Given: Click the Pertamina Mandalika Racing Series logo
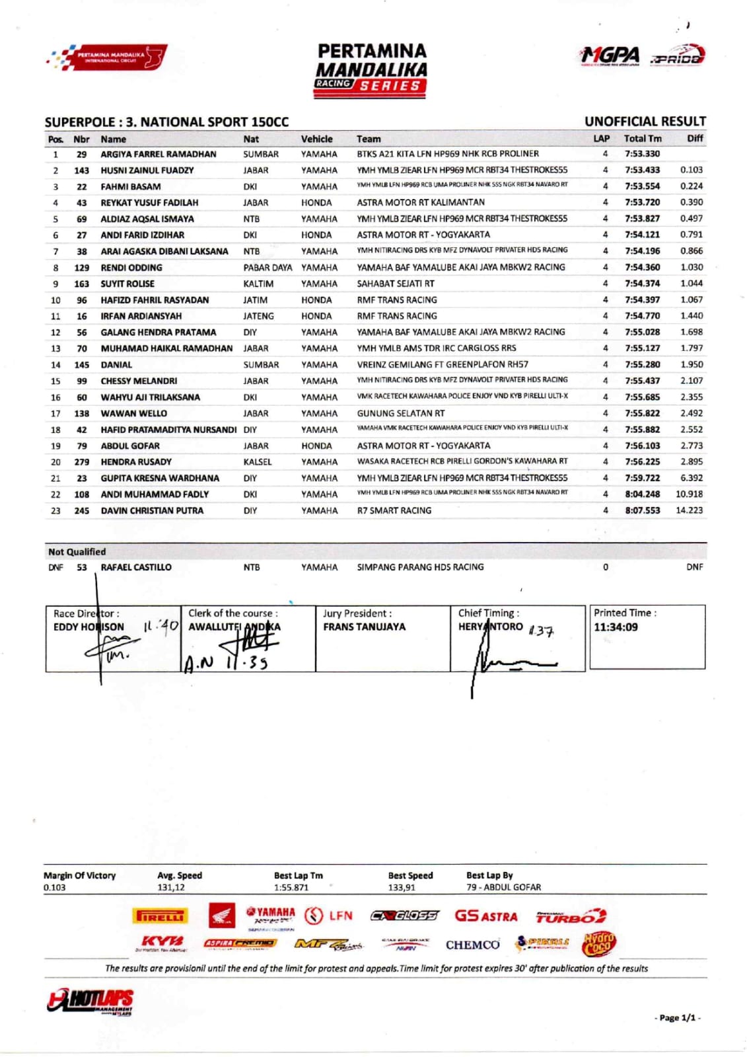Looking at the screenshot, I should point(372,70).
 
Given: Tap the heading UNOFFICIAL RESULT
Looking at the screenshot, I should point(645,122).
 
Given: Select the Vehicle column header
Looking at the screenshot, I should point(316,139).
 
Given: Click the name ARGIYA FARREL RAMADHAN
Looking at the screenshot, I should point(158,154).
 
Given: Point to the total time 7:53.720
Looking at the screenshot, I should point(642,202).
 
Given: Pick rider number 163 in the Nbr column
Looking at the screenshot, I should point(81,284).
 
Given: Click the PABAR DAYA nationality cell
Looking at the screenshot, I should point(267,268).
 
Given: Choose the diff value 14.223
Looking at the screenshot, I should point(689,510).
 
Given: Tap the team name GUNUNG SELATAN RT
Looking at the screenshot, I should point(400,413).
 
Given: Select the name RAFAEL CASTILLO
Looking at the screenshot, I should point(135,567).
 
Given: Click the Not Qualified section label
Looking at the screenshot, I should point(77,552).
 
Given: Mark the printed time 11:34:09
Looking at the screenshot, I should point(616,627).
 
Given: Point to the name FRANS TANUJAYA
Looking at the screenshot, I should point(364,627).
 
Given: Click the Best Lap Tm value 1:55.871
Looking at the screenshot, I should point(291,888).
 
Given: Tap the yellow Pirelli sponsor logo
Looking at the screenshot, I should point(160,916).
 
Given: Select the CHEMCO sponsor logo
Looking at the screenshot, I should point(472,945).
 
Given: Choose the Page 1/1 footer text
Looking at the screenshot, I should point(677,1018).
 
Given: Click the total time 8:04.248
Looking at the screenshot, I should point(642,494).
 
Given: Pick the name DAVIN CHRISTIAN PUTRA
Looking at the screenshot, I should point(152,510).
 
